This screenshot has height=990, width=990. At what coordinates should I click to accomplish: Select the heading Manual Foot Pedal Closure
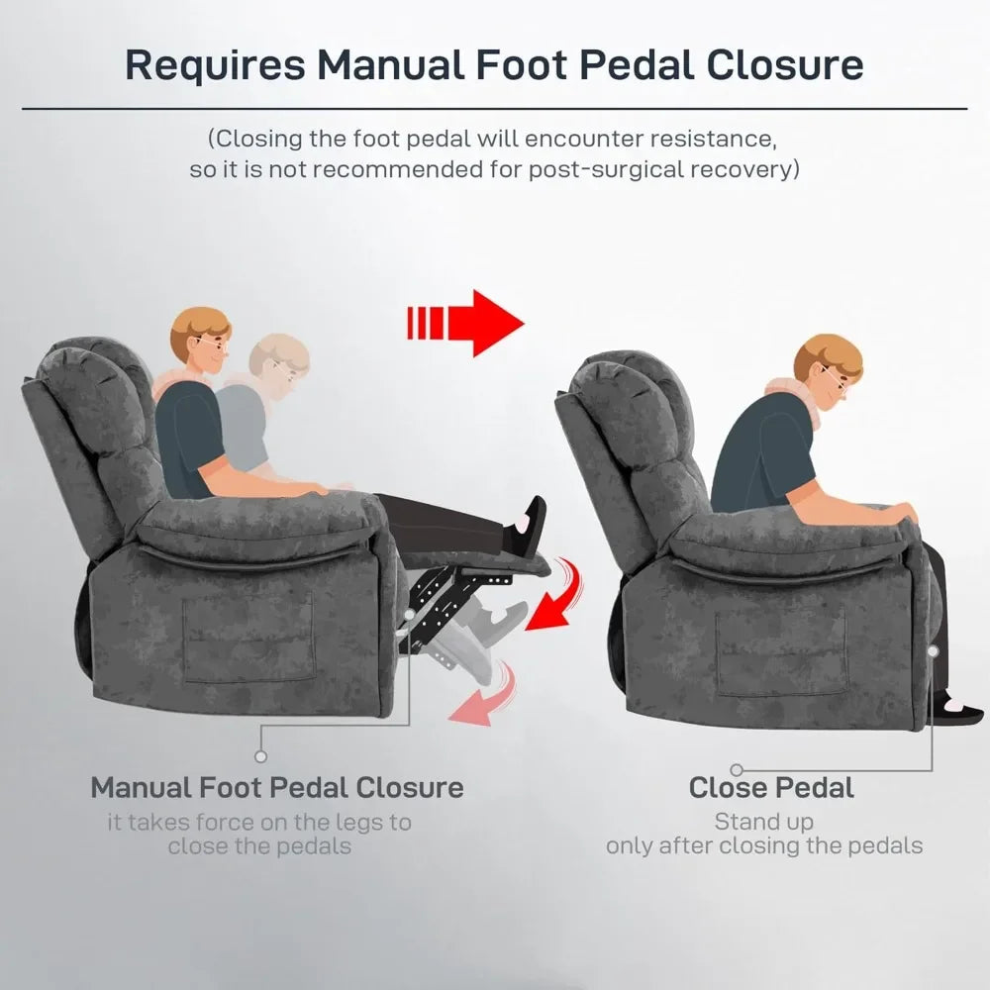[x=277, y=788]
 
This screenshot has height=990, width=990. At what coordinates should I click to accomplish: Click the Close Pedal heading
[x=771, y=788]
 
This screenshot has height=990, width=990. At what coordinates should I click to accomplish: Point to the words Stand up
[x=764, y=822]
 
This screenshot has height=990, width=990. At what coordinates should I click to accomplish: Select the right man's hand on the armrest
[x=902, y=513]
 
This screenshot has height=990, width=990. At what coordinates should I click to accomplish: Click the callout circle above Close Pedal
[x=737, y=768]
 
